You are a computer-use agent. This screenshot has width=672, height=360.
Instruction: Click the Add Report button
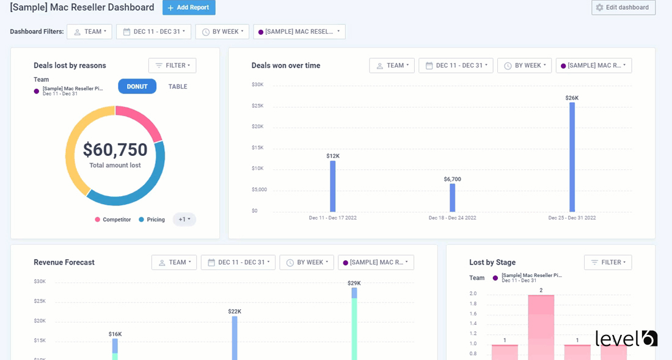[x=189, y=7]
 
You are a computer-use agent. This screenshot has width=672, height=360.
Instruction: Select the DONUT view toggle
[x=137, y=86]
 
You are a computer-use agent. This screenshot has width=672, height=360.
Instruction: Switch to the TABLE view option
[x=178, y=86]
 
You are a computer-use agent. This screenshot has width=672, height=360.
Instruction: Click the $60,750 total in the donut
[x=115, y=150]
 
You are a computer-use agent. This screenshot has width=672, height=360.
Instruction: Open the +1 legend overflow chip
[x=184, y=219]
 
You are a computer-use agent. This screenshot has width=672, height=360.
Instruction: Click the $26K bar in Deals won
[x=572, y=157]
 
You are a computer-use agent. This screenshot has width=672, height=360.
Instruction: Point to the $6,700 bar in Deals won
[x=453, y=197]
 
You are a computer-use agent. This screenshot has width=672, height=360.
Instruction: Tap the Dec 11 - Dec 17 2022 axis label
[x=332, y=218]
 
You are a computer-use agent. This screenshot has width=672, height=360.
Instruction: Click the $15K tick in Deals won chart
[x=257, y=147]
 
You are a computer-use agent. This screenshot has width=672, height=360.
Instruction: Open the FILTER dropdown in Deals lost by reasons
[x=172, y=65]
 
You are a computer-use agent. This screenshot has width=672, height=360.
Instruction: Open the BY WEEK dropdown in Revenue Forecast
[x=307, y=262]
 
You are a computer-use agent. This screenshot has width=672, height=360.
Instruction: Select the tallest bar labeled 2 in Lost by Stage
[x=541, y=327]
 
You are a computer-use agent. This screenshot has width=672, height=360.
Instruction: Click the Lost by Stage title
[x=492, y=262]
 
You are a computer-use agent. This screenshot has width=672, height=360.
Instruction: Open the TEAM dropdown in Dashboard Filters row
[x=89, y=32]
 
